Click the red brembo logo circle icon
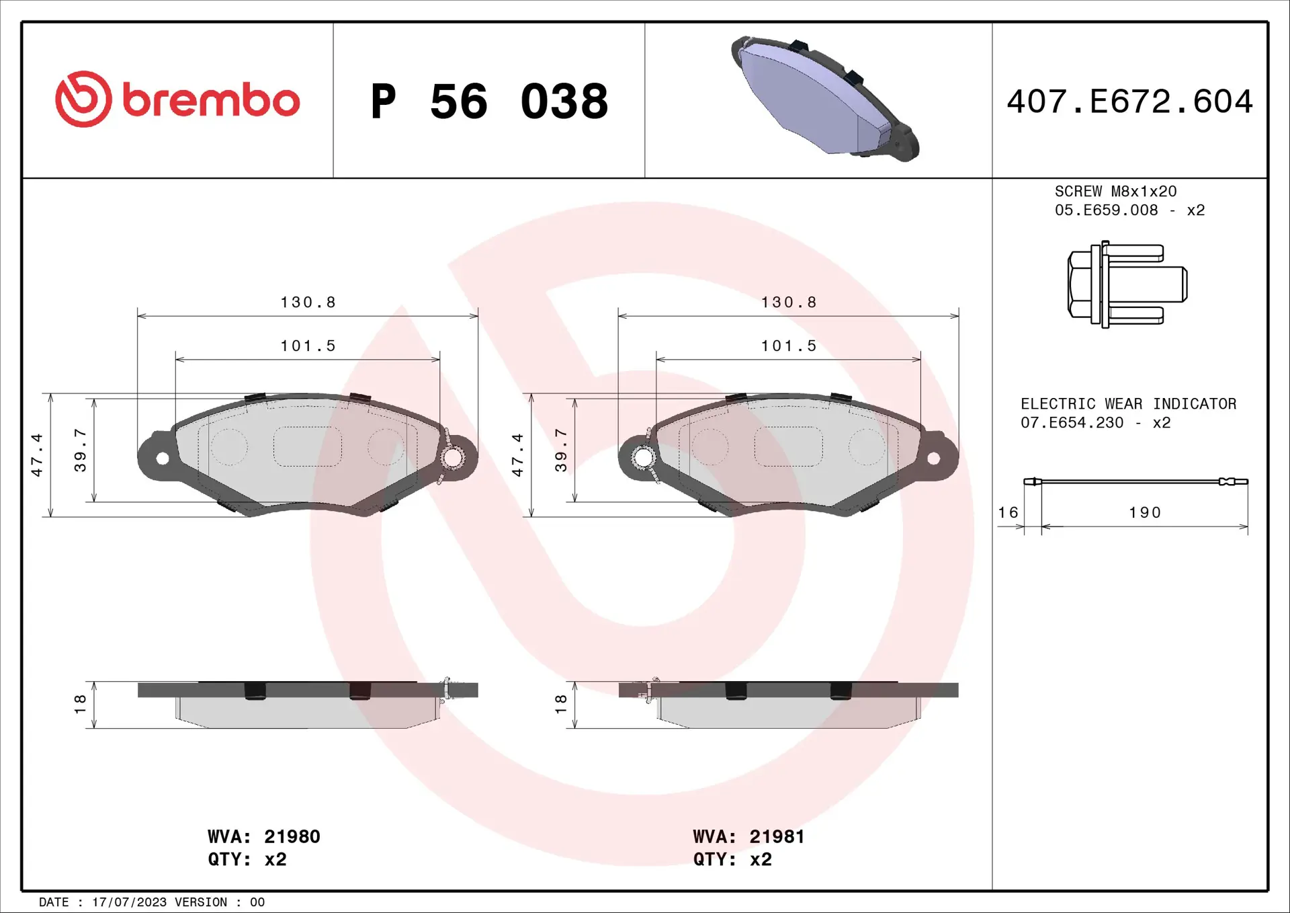[x=83, y=100]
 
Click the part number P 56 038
[x=488, y=102]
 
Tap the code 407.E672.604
[x=1129, y=102]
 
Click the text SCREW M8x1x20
[x=1115, y=192]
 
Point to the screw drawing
[x=1127, y=284]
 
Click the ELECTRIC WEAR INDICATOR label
[x=1128, y=404]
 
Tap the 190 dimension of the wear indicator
[x=1144, y=513]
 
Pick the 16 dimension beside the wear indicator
[x=1008, y=513]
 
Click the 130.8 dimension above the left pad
[x=308, y=303]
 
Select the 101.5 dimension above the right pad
[x=788, y=346]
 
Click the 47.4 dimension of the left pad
[x=37, y=455]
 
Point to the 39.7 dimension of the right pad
[x=561, y=450]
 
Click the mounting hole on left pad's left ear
[x=163, y=459]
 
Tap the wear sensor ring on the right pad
[x=643, y=458]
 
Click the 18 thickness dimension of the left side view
[x=80, y=704]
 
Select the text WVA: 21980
[x=263, y=836]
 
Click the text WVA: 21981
[x=748, y=836]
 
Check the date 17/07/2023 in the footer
[x=129, y=902]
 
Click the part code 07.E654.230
[x=1072, y=423]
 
